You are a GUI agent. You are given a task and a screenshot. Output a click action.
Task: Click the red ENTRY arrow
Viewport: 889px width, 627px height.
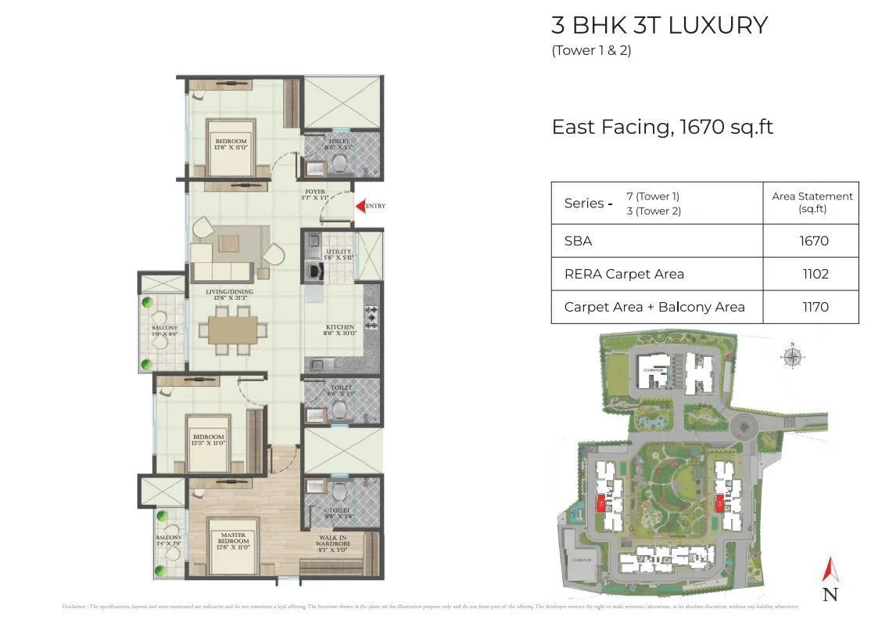(361, 206)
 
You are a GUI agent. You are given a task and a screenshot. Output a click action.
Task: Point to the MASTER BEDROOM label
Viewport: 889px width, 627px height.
(233, 538)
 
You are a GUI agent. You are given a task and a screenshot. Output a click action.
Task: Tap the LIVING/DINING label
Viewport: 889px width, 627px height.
(227, 294)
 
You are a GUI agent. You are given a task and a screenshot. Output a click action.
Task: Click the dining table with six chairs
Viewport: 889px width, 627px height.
(231, 330)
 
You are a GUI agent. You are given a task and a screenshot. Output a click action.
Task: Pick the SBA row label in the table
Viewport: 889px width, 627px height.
(579, 241)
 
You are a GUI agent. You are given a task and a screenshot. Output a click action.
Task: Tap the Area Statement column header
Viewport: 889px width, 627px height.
(812, 202)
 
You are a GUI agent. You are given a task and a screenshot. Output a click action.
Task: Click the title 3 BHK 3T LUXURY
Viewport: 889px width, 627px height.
(659, 25)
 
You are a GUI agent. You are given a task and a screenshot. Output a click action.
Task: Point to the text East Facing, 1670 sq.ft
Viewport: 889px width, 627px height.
(662, 127)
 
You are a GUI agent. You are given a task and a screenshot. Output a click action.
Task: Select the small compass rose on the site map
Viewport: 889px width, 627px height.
(793, 357)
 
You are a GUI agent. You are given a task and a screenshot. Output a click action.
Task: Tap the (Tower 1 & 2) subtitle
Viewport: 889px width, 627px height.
(591, 51)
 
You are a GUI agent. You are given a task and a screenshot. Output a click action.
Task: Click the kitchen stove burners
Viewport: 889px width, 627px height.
(371, 318)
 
